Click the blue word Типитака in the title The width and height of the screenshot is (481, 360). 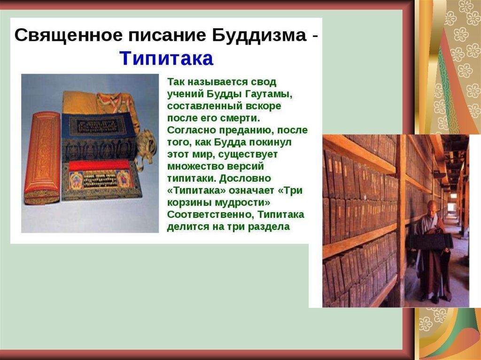pyautogui.click(x=166, y=58)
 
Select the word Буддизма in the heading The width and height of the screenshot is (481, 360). pyautogui.click(x=259, y=35)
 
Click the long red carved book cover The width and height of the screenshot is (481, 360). pyautogui.click(x=42, y=158)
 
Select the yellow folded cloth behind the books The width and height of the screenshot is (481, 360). pyautogui.click(x=80, y=103)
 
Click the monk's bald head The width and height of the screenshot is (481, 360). pyautogui.click(x=433, y=207)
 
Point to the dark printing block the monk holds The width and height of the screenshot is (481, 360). pyautogui.click(x=430, y=241)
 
